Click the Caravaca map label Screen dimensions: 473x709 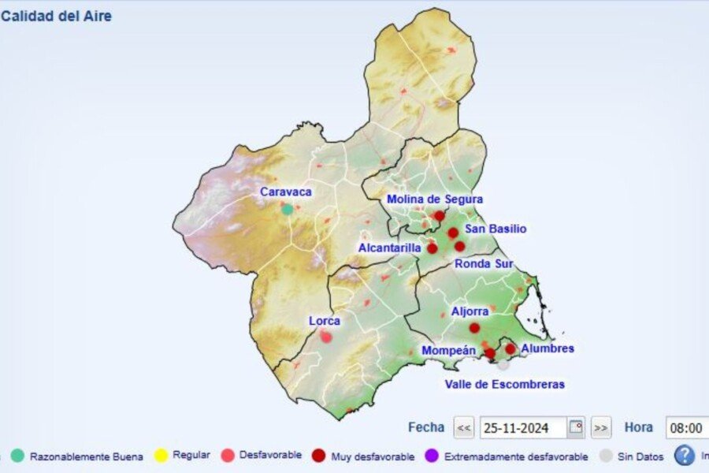click(286, 192)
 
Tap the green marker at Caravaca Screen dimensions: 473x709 click(288, 209)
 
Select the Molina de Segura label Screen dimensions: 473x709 click(434, 199)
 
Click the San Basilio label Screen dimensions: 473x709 click(496, 229)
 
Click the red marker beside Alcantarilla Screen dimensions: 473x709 click(432, 248)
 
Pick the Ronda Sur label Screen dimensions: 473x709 click(484, 263)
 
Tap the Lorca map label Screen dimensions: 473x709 click(325, 321)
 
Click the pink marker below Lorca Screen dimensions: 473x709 click(326, 337)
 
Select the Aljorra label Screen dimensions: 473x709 click(470, 311)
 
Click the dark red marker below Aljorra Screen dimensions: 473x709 click(474, 328)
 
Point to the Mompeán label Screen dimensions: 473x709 click(448, 350)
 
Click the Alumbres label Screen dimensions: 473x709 click(548, 348)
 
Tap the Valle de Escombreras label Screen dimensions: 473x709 click(504, 384)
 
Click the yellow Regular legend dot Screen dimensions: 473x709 click(161, 455)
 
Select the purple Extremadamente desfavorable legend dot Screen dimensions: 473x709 click(431, 455)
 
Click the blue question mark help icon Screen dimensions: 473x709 click(685, 455)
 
